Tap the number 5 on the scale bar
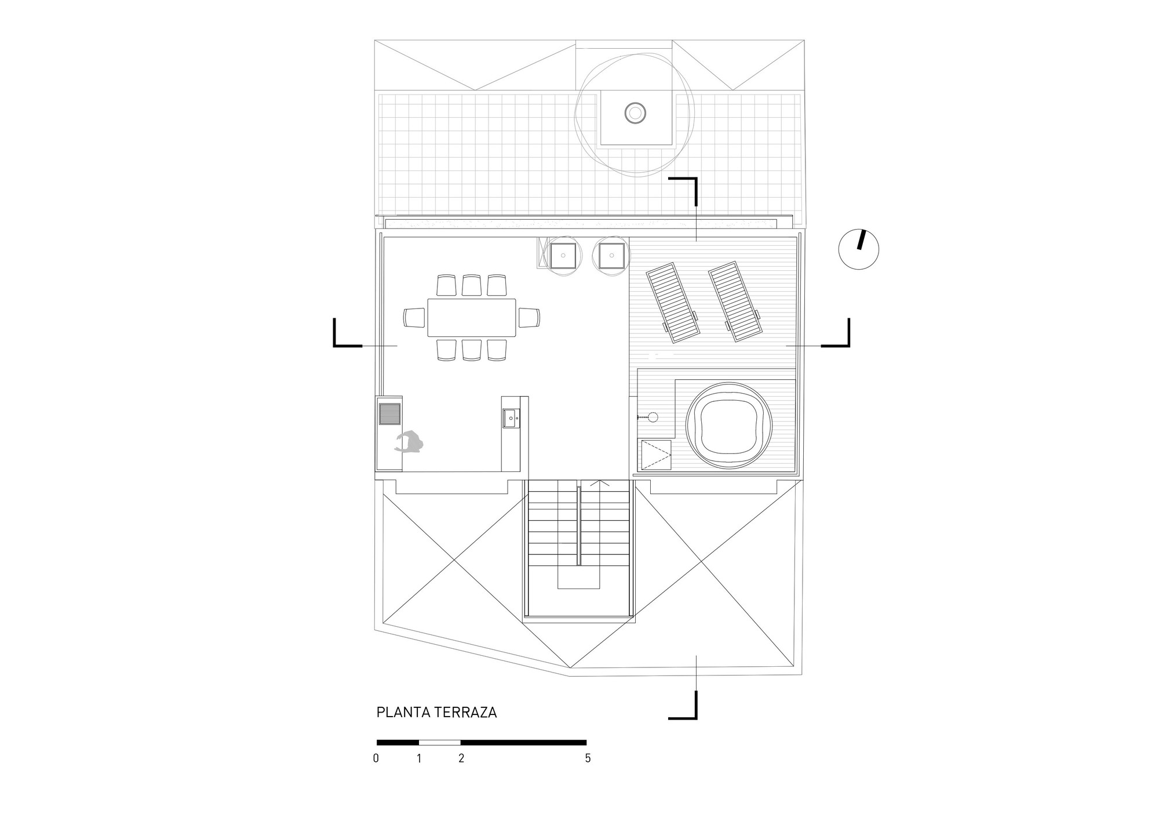click(588, 758)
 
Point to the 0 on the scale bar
click(376, 758)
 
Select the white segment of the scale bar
click(440, 742)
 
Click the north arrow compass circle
click(859, 249)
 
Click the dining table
click(472, 317)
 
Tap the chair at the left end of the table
click(414, 317)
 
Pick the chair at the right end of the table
click(529, 317)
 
